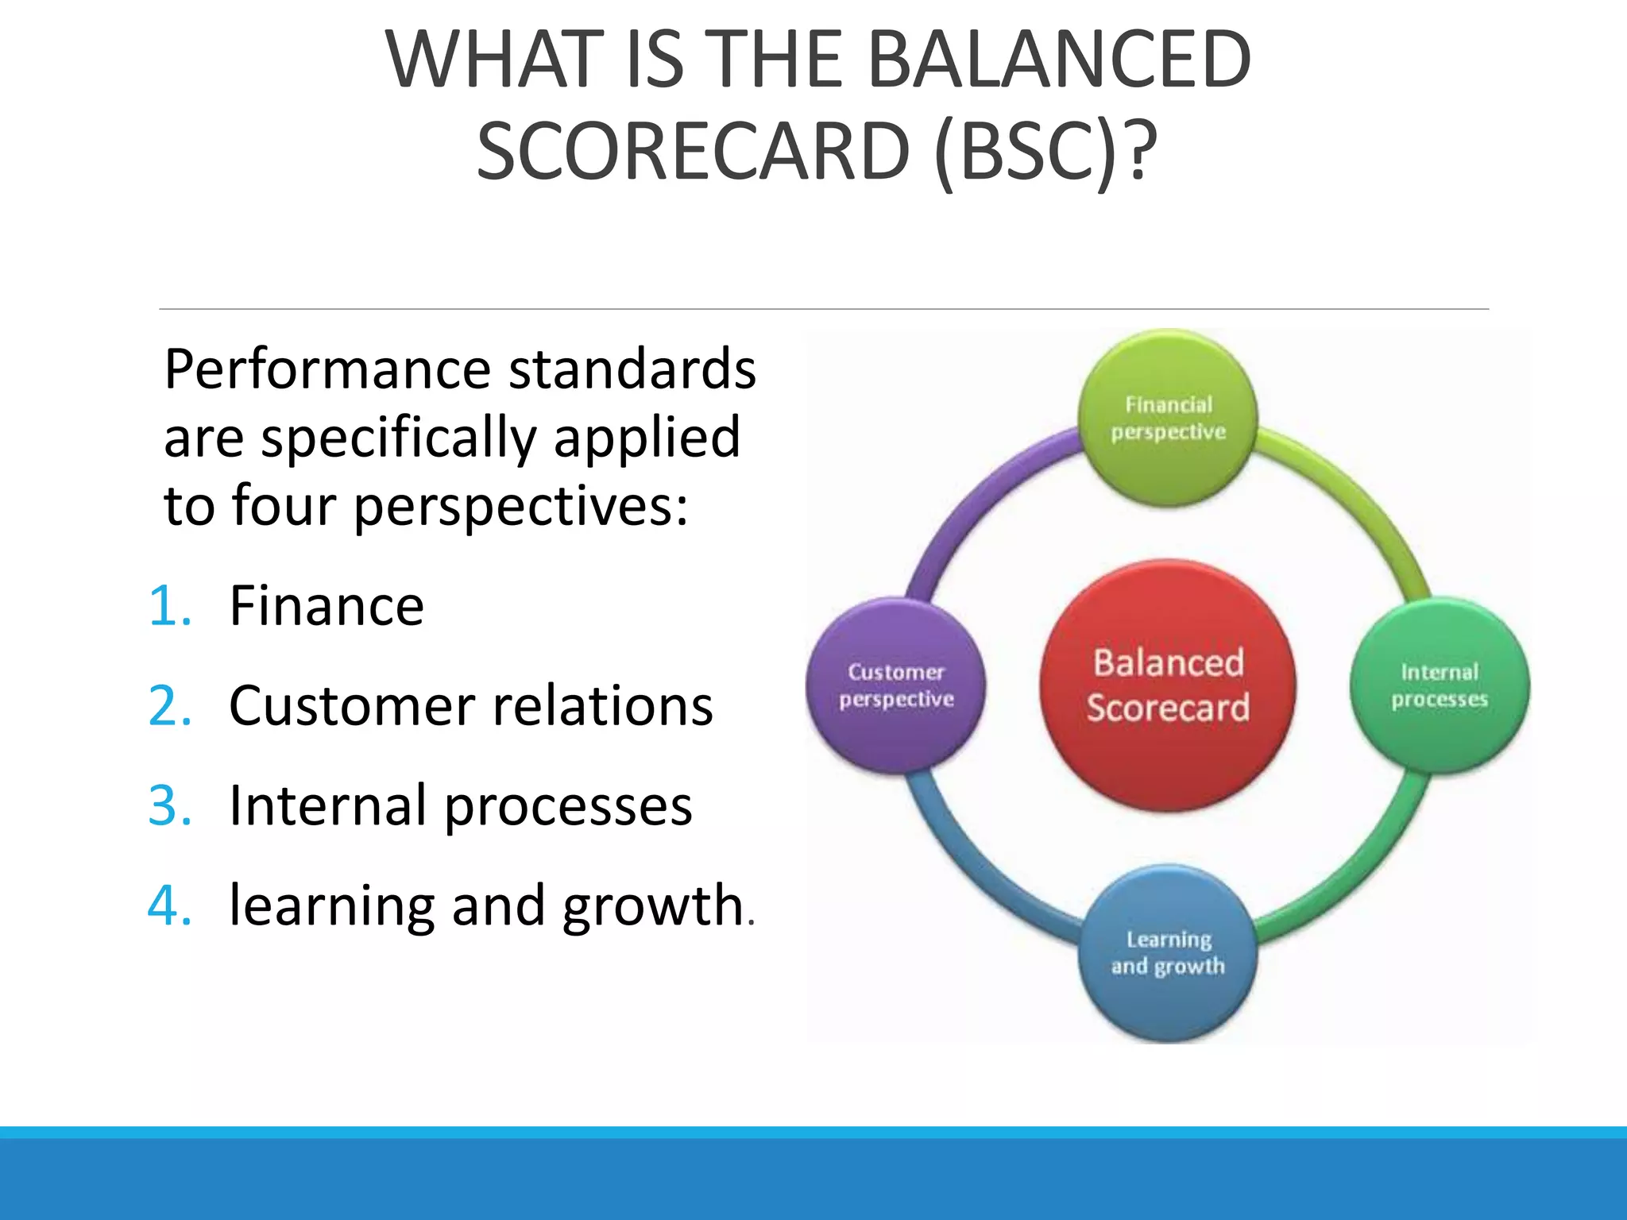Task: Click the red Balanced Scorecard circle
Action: pyautogui.click(x=1168, y=685)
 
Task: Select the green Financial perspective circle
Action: pyautogui.click(x=1168, y=419)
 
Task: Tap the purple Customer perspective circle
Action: pyautogui.click(x=896, y=685)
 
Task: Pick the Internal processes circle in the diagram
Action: pyautogui.click(x=1440, y=685)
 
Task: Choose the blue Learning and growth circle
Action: pyautogui.click(x=1168, y=953)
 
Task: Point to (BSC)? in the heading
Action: pyautogui.click(x=1046, y=151)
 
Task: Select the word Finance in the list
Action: pyautogui.click(x=327, y=606)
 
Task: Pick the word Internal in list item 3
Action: pyautogui.click(x=328, y=805)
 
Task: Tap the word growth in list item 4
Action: pyautogui.click(x=652, y=905)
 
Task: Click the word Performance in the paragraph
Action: pyautogui.click(x=327, y=370)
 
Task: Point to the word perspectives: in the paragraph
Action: pyautogui.click(x=520, y=507)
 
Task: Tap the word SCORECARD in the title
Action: pyautogui.click(x=693, y=151)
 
